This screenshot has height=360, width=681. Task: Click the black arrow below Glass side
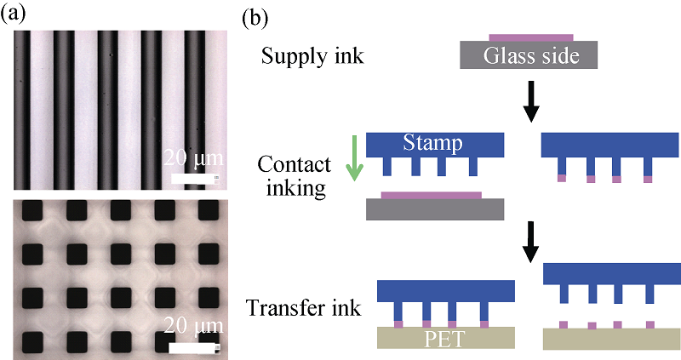530,100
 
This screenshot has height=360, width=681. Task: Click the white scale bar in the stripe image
195,180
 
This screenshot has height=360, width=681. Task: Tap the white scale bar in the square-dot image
195,346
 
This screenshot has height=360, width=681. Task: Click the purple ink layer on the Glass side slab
530,37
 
